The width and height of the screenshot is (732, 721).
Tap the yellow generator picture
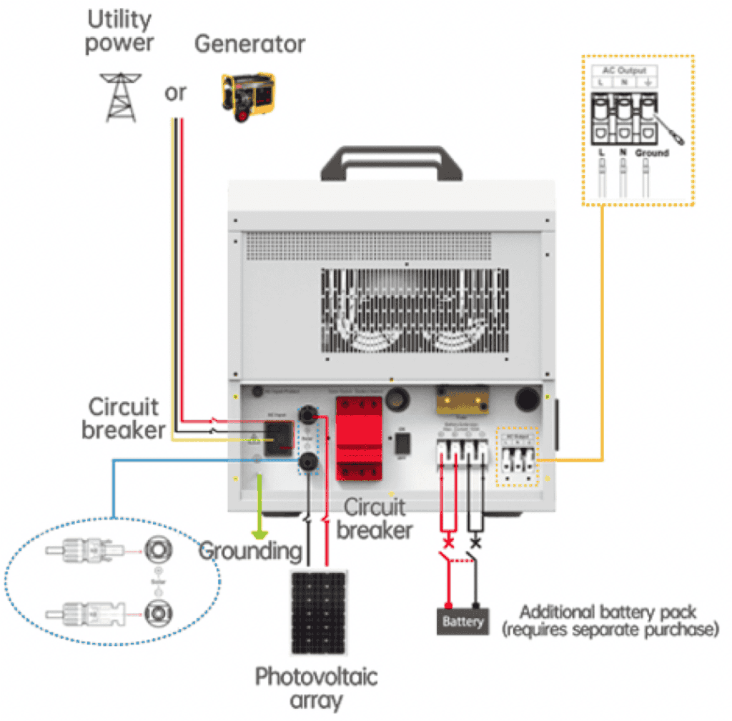tap(247, 92)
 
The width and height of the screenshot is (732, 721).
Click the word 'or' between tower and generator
tap(175, 92)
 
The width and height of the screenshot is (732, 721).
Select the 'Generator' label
tap(250, 44)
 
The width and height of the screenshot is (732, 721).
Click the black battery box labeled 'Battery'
tap(463, 621)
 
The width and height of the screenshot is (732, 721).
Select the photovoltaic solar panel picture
tap(318, 611)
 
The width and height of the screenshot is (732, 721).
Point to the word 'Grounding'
tap(249, 551)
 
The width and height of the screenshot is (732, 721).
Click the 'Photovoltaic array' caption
tap(317, 687)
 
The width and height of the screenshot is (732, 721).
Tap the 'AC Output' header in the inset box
tap(625, 69)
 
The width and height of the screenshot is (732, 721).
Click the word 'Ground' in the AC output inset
tap(651, 152)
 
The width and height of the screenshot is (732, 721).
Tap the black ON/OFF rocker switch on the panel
tap(402, 444)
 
